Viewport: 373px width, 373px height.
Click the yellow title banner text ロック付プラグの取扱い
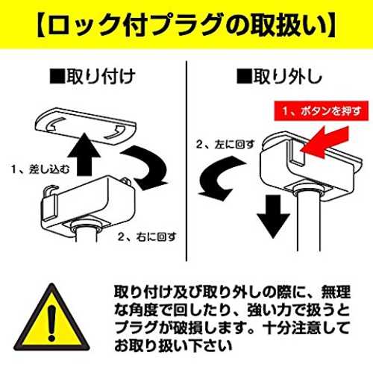pos(186,25)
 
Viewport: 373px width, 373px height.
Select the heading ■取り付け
pos(93,76)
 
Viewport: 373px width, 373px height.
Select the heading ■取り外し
pos(279,76)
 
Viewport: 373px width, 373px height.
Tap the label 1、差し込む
pos(40,169)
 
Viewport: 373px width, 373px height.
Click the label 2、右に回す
pos(147,236)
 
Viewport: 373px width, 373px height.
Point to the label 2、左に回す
pos(225,144)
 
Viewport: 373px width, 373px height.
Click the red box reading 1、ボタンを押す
pos(322,110)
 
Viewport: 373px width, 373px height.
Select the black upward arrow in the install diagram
pos(84,154)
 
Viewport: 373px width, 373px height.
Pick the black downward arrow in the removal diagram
pos(273,216)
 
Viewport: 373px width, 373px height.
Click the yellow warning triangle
pos(51,319)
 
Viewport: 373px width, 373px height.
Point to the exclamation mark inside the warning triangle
pos(51,323)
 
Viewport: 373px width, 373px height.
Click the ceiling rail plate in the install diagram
pos(86,126)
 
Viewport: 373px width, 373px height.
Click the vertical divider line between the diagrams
pos(186,160)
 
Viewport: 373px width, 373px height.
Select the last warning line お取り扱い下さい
pos(173,345)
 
